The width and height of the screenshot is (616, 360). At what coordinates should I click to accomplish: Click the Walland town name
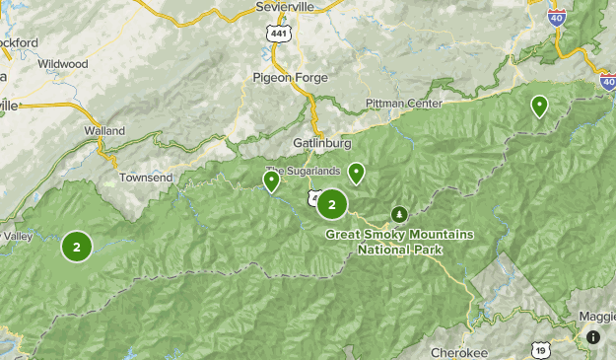click(104, 130)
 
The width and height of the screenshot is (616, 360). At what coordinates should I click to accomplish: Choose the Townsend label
click(146, 178)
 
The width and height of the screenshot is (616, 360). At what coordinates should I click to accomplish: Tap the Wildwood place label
click(62, 64)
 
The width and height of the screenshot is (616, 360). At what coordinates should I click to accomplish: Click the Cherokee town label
click(459, 352)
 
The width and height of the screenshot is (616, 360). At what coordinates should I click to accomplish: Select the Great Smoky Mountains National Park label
click(400, 242)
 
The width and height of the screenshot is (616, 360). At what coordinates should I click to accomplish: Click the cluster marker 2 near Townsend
click(76, 246)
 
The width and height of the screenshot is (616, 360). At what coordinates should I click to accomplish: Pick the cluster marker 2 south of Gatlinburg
click(332, 205)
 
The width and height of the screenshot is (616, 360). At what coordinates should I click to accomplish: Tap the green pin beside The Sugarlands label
click(272, 180)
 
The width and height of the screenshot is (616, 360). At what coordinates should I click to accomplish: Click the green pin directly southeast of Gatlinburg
click(356, 174)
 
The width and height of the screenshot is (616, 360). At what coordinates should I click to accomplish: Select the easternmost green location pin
click(539, 105)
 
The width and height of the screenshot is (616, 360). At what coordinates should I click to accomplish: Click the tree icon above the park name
click(399, 214)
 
